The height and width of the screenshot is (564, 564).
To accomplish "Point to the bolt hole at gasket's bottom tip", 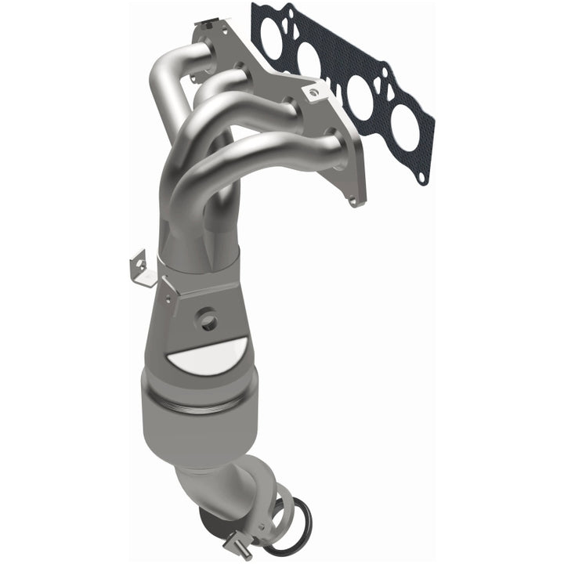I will pyautogui.click(x=421, y=177).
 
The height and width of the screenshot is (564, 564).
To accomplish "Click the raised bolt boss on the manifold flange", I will pyautogui.click(x=315, y=92).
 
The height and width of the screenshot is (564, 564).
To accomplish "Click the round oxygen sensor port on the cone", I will pyautogui.click(x=208, y=317).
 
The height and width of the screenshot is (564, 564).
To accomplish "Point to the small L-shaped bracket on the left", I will pyautogui.click(x=139, y=266).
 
